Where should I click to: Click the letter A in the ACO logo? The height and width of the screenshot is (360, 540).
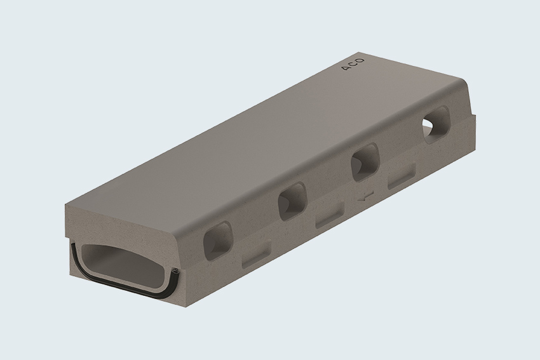coord(346,68)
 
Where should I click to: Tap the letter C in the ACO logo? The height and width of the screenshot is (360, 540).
coord(353,64)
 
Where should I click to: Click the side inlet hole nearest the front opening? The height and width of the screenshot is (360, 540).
coord(218,240)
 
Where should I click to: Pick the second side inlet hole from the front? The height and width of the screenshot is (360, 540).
coord(292,201)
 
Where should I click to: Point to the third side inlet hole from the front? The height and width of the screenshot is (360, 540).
coord(365,162)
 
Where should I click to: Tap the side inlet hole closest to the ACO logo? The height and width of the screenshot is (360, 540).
coord(436,124)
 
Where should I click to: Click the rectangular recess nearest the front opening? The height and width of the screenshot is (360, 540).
coord(257,254)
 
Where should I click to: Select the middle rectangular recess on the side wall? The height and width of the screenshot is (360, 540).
coord(330,215)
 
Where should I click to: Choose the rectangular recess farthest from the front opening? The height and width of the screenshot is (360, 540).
coord(402,177)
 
